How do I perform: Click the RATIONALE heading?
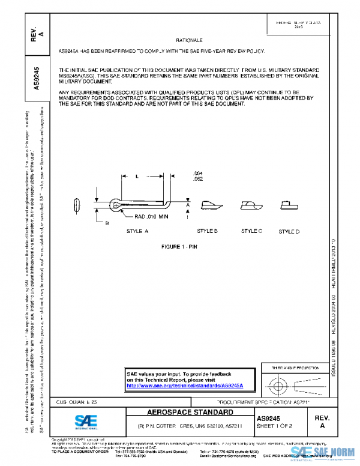[188, 39]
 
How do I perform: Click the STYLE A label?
[137, 231]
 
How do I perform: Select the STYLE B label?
[207, 231]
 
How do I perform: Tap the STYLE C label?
[251, 231]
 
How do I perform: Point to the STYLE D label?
[289, 232]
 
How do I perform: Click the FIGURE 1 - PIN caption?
[179, 247]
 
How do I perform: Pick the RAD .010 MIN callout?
[151, 216]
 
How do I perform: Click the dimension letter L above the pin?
[137, 177]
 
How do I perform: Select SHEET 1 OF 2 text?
[274, 426]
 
